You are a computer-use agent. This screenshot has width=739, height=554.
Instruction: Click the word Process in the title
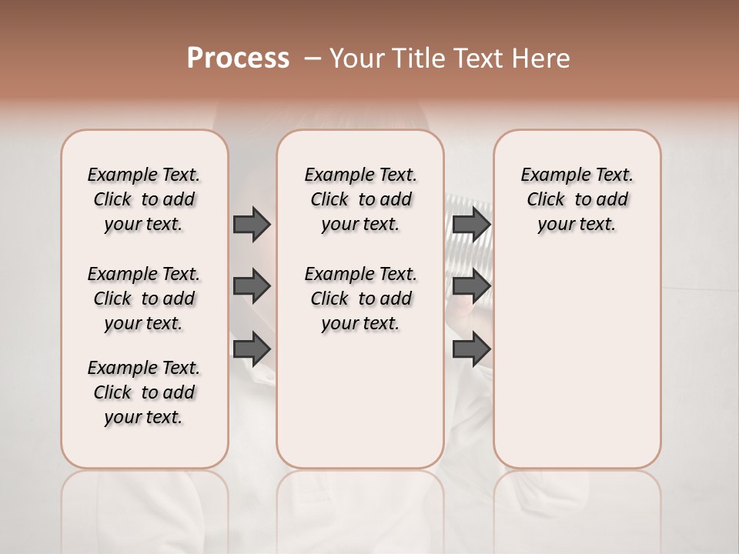click(238, 58)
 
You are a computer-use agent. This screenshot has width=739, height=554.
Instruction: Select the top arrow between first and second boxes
click(252, 224)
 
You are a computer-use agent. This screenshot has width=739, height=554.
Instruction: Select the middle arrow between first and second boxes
click(252, 287)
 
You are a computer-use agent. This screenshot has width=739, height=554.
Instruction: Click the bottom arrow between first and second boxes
click(252, 349)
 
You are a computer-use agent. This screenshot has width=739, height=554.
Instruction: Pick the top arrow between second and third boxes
click(471, 224)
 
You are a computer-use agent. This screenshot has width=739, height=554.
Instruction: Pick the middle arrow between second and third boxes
click(471, 287)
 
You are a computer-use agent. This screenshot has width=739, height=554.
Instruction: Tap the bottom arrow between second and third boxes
click(471, 349)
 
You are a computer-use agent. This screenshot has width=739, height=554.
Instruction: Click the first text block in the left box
click(144, 199)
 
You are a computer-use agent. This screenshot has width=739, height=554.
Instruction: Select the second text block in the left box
click(144, 299)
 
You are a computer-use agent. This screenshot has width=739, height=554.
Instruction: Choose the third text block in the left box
click(144, 392)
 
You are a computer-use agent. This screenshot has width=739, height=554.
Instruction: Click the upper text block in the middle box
click(360, 199)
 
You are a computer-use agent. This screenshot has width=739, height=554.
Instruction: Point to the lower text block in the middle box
click(360, 299)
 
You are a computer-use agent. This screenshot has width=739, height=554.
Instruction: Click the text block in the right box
click(577, 199)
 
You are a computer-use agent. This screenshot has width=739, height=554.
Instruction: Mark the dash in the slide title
click(313, 58)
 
